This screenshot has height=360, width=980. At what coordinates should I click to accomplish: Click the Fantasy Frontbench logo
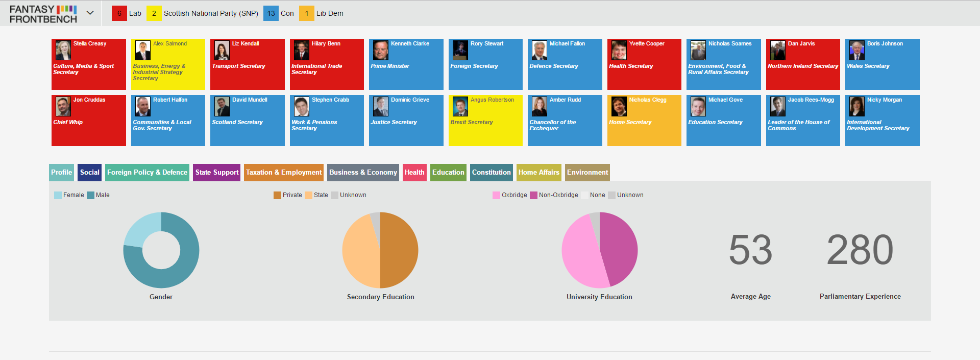click(x=43, y=14)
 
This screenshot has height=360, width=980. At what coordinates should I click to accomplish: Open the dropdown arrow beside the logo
click(x=90, y=13)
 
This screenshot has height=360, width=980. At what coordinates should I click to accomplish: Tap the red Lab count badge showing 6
click(x=119, y=13)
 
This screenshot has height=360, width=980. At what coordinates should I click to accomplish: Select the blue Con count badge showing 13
click(x=271, y=13)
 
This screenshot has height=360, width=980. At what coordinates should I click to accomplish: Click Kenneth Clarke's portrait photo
click(x=381, y=51)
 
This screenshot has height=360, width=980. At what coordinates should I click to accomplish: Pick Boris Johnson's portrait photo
click(x=857, y=51)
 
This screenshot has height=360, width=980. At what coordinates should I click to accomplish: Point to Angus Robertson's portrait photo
click(x=460, y=107)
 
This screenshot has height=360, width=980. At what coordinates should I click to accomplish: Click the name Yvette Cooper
click(x=647, y=43)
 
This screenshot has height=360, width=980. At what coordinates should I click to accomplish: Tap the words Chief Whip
click(x=68, y=122)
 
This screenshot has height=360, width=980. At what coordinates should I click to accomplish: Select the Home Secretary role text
click(x=630, y=122)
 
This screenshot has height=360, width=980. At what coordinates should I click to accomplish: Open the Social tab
click(x=90, y=173)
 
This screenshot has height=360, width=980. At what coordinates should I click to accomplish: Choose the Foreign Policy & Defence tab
click(x=147, y=173)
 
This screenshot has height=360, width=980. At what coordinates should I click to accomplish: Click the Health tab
click(x=414, y=173)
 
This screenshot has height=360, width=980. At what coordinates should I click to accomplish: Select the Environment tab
click(x=587, y=173)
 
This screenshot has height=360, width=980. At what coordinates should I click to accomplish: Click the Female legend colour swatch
click(x=58, y=195)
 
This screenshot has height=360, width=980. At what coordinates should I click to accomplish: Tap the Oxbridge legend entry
click(x=510, y=195)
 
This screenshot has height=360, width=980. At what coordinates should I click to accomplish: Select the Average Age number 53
click(x=750, y=250)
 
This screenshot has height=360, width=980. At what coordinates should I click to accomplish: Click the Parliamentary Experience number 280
click(x=860, y=250)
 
